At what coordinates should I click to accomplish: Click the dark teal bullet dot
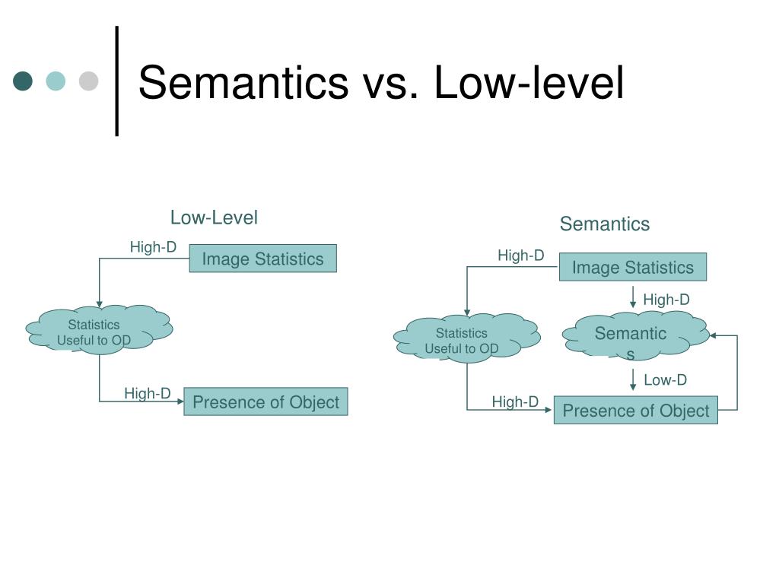[24, 81]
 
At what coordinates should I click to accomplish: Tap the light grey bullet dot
[89, 81]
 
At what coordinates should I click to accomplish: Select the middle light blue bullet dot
[56, 81]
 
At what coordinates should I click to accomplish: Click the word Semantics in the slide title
[243, 82]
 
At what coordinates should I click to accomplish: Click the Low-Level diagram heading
[214, 218]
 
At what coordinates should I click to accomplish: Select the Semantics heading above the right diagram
[605, 224]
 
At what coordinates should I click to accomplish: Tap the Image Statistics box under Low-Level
[262, 259]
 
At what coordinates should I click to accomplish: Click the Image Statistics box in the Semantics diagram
[632, 268]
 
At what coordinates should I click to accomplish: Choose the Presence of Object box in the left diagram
[265, 402]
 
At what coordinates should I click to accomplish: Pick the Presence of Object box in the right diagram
[635, 411]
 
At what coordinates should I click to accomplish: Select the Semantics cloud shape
[633, 336]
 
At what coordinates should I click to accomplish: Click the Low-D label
[665, 380]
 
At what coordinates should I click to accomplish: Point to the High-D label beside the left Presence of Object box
[148, 393]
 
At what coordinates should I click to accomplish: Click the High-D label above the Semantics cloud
[666, 300]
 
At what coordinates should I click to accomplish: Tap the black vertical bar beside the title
[116, 81]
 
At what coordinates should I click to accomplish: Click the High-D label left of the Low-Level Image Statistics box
[153, 247]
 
